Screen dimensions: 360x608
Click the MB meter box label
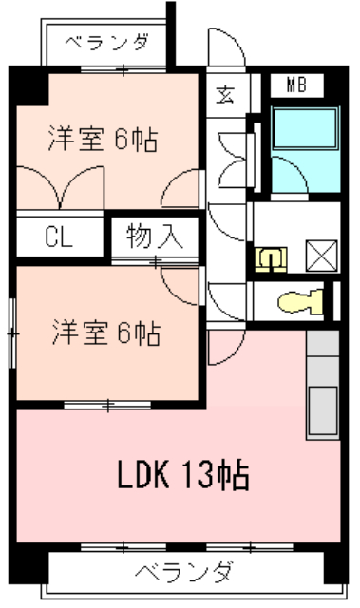click(x=296, y=85)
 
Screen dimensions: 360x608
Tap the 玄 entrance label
click(x=225, y=95)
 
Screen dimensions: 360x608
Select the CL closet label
click(x=59, y=237)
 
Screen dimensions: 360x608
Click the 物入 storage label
click(x=154, y=236)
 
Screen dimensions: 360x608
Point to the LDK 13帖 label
click(x=183, y=474)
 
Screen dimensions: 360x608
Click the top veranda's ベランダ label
click(x=106, y=42)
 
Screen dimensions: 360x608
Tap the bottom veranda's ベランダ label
click(x=184, y=572)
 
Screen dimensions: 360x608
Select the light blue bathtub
click(x=305, y=129)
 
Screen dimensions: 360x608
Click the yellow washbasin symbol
click(x=271, y=259)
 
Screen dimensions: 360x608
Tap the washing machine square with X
click(x=322, y=256)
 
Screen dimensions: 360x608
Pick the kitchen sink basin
click(x=322, y=410)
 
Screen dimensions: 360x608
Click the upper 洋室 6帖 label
click(x=104, y=139)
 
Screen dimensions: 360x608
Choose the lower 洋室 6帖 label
click(x=106, y=332)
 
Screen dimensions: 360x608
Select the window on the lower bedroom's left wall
click(x=12, y=333)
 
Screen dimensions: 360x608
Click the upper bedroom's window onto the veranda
click(x=123, y=70)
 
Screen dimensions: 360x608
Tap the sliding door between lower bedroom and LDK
click(x=107, y=406)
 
